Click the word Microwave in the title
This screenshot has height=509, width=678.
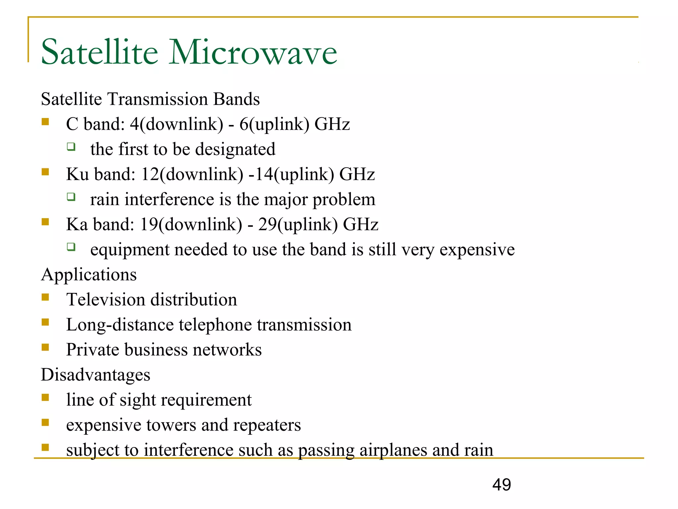pos(253,52)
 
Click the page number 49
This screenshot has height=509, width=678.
pos(502,485)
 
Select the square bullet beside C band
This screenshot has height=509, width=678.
pos(45,122)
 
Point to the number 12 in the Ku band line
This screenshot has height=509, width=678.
pos(150,174)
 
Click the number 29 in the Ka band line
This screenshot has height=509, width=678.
pos(267,224)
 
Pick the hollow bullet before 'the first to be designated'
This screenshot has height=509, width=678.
pos(71,146)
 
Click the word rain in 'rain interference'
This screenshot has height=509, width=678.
pos(105,199)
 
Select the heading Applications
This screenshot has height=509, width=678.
pos(89,275)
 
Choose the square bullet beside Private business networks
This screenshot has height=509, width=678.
pos(45,347)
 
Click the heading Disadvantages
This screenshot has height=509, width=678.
pos(95,375)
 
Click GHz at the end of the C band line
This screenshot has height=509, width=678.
pos(332,124)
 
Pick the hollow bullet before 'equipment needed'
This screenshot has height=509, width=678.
pos(71,247)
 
